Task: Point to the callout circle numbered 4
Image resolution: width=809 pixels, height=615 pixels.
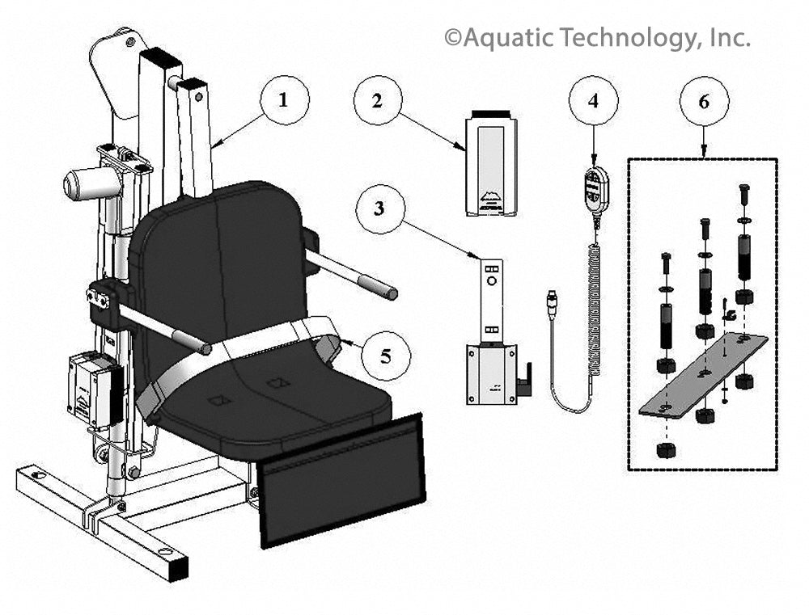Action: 593,100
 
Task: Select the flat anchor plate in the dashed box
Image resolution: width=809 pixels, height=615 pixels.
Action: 703,375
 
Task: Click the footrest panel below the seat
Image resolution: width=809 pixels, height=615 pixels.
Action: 341,479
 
